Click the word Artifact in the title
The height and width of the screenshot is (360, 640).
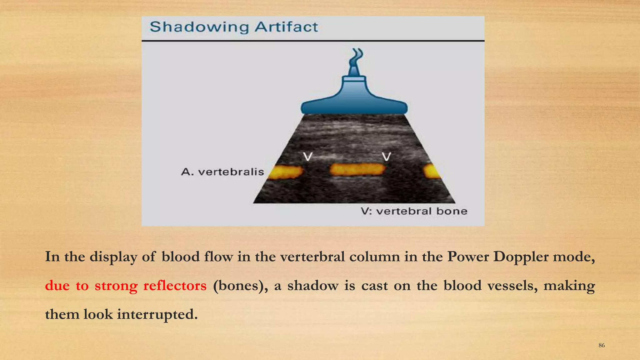pyautogui.click(x=286, y=27)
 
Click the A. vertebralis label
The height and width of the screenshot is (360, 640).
pyautogui.click(x=222, y=172)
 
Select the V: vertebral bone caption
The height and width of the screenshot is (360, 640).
pyautogui.click(x=414, y=211)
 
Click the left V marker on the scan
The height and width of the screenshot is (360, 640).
pyautogui.click(x=308, y=156)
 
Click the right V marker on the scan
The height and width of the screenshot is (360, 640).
pyautogui.click(x=387, y=156)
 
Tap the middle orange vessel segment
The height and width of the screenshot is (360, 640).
pyautogui.click(x=357, y=170)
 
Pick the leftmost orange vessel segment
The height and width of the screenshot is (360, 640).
pyautogui.click(x=286, y=172)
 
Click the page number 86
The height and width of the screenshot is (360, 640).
pyautogui.click(x=602, y=345)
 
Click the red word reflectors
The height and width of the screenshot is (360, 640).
pyautogui.click(x=175, y=286)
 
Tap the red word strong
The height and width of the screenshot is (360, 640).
pyautogui.click(x=116, y=286)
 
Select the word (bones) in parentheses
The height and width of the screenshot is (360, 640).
pyautogui.click(x=240, y=286)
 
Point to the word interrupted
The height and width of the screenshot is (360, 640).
pyautogui.click(x=157, y=314)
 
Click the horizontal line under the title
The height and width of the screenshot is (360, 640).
pyautogui.click(x=313, y=41)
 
